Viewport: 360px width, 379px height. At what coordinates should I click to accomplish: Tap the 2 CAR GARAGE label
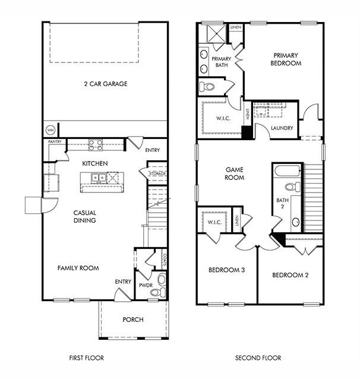point(105,84)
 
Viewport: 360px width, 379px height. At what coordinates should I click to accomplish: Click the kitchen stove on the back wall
point(95,144)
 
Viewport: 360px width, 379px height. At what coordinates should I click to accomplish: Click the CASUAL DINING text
point(85,216)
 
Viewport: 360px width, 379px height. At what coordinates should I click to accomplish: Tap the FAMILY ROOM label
point(78,268)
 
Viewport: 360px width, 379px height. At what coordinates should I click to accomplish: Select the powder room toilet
point(162,279)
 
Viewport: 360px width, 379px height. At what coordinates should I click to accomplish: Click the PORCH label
point(133,320)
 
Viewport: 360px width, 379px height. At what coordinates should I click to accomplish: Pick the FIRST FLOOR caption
point(87,358)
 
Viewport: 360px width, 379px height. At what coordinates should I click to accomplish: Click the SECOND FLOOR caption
point(258,358)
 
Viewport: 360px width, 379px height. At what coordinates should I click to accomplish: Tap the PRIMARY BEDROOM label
point(286,59)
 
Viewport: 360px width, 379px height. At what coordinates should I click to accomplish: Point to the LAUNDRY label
point(282,128)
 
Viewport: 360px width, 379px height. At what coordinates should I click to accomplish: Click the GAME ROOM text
point(234,173)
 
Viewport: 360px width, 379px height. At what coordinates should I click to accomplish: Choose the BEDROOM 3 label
point(227,270)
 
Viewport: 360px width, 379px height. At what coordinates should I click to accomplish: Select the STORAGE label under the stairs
point(157,173)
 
